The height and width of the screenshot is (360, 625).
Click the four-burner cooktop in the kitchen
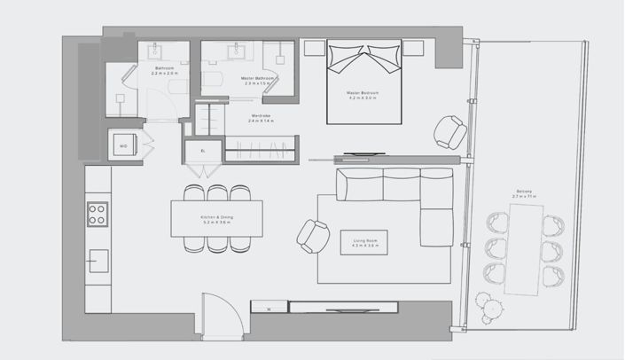pos(97,215)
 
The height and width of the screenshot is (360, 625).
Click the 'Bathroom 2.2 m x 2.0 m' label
pos(165,72)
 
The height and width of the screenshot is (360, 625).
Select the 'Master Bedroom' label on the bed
pos(364,93)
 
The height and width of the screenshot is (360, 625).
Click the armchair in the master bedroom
pos(449,133)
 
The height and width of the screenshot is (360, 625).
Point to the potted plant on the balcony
pos(487,308)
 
